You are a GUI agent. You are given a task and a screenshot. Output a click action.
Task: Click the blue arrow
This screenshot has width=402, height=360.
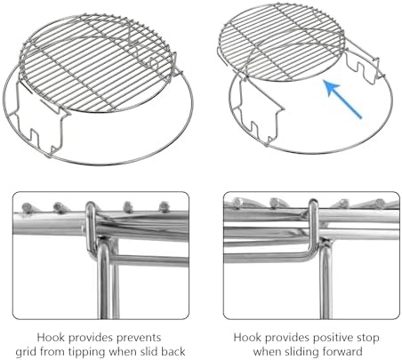pyautogui.click(x=343, y=100)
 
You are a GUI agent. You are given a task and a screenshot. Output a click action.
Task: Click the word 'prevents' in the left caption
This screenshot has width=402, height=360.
pyautogui.click(x=139, y=338)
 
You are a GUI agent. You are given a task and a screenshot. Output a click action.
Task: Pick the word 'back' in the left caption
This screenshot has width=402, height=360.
pyautogui.click(x=173, y=352)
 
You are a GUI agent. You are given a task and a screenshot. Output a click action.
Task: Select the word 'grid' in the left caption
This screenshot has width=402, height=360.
pyautogui.click(x=26, y=352)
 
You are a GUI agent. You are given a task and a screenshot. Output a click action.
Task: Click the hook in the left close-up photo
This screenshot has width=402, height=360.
pyautogui.click(x=92, y=229)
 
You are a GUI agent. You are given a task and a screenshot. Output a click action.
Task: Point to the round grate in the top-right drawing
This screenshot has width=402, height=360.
pyautogui.click(x=282, y=42)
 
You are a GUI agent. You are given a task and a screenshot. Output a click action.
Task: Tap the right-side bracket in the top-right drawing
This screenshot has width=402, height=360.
pyautogui.click(x=363, y=64)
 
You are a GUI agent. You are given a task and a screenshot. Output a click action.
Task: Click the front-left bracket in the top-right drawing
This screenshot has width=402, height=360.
pyautogui.click(x=257, y=114)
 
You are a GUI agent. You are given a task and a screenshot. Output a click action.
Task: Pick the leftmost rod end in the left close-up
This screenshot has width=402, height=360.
pyautogui.click(x=28, y=207)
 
